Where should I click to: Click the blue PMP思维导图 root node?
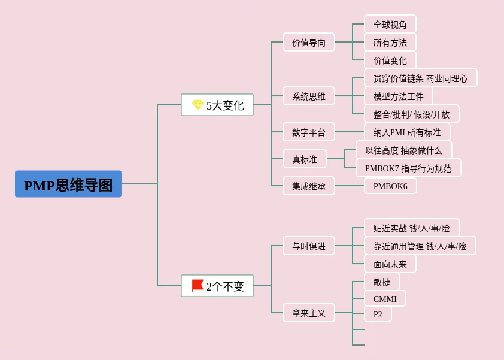coord(68,184)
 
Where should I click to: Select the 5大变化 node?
coord(217,105)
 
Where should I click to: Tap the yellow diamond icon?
coord(198,105)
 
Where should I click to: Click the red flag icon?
coord(198,285)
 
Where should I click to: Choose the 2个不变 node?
coord(217,286)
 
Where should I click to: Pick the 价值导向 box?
coord(309,42)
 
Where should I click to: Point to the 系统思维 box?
coord(309,96)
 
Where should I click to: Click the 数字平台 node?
coord(309,132)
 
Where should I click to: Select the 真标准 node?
coord(305,159)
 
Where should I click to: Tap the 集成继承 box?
coord(309,186)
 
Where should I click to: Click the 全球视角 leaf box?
coord(390,24)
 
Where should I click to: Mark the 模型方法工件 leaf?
coord(399,96)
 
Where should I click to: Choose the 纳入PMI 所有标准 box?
coord(407,132)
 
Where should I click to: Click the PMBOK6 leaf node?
coord(390,186)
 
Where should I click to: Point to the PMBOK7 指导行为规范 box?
coord(409,168)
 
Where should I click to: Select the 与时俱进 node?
coord(309,246)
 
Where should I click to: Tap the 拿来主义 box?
coord(309,313)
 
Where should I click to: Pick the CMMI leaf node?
coord(385,298)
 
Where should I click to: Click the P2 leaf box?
coord(378,314)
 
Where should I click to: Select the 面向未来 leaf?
coord(390,264)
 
